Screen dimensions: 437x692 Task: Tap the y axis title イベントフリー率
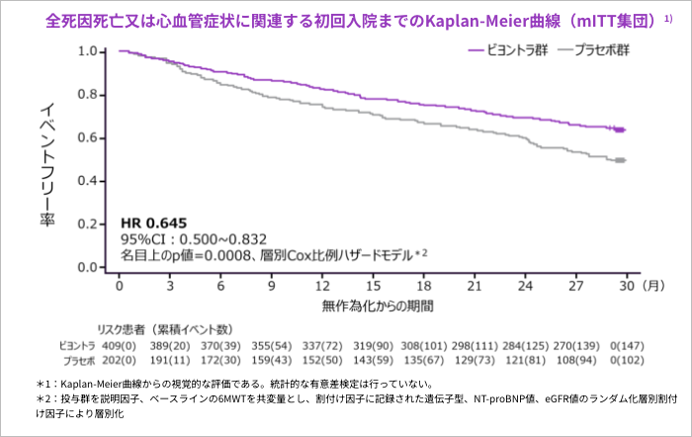46,163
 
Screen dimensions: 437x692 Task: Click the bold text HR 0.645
153,221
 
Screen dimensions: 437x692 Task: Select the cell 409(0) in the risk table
120,345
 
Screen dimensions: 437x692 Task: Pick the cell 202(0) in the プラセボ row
120,361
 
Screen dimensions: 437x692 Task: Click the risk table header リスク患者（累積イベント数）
164,328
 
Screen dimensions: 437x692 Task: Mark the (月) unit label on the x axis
652,286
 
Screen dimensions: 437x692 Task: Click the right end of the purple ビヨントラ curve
625,130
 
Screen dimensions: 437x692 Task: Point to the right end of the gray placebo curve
625,160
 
